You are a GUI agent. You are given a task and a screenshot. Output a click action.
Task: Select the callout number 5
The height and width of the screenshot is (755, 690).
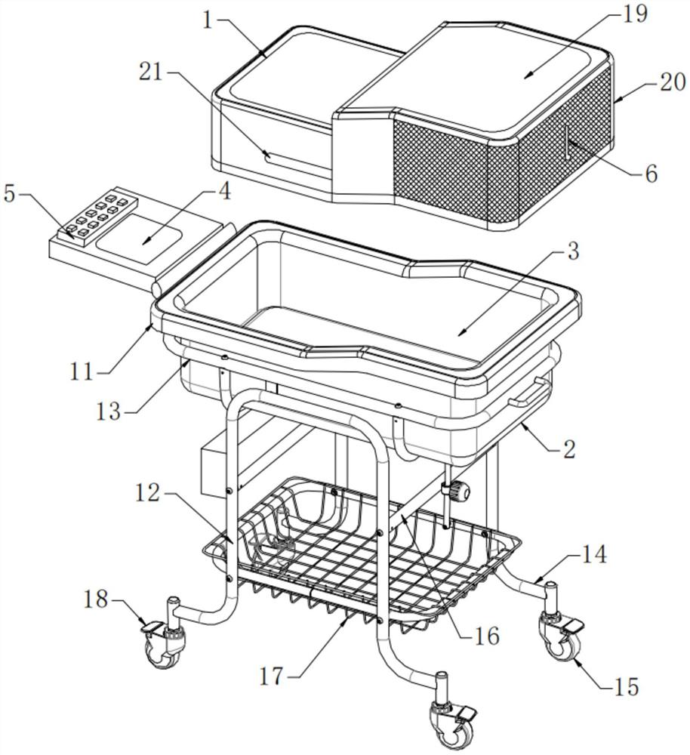pos(11,193)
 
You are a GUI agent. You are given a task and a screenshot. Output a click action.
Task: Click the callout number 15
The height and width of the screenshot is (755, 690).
pos(627,687)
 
